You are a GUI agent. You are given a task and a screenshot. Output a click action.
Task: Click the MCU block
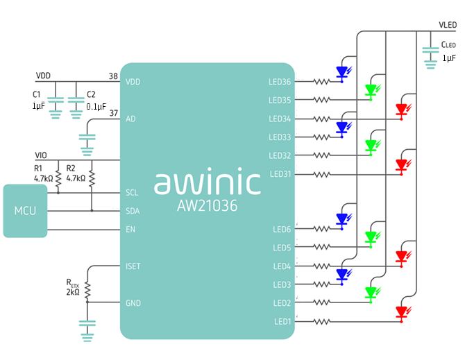pyautogui.click(x=25, y=210)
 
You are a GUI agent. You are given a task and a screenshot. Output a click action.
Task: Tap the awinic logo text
pyautogui.click(x=207, y=182)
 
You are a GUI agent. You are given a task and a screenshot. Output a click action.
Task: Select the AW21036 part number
pyautogui.click(x=208, y=206)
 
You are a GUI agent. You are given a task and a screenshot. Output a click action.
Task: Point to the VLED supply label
pyautogui.click(x=447, y=24)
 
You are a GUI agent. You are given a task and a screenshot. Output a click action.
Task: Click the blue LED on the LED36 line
pyautogui.click(x=341, y=71)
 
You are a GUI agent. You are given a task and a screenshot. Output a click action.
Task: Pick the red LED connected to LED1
pyautogui.click(x=401, y=312)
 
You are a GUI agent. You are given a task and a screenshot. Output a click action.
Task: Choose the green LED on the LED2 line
pyautogui.click(x=371, y=293)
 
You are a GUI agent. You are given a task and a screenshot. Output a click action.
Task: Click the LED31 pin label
pyautogui.click(x=280, y=174)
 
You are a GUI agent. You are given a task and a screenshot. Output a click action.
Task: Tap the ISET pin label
pyautogui.click(x=134, y=266)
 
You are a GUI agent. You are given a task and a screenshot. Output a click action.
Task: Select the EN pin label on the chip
pyautogui.click(x=130, y=230)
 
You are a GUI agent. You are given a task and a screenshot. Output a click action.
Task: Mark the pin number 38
pyautogui.click(x=113, y=76)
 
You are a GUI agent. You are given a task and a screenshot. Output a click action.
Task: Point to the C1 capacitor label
pyautogui.click(x=37, y=94)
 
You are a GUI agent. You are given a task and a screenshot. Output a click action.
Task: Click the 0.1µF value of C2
pyautogui.click(x=96, y=106)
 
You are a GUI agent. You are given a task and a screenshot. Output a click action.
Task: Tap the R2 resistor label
pyautogui.click(x=71, y=168)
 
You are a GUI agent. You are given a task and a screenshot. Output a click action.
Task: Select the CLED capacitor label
pyautogui.click(x=448, y=45)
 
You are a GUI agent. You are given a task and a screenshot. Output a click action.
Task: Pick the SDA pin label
pyautogui.click(x=133, y=211)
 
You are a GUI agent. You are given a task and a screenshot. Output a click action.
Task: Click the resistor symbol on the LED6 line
pyautogui.click(x=322, y=229)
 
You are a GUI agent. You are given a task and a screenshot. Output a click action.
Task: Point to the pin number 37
pyautogui.click(x=113, y=113)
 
